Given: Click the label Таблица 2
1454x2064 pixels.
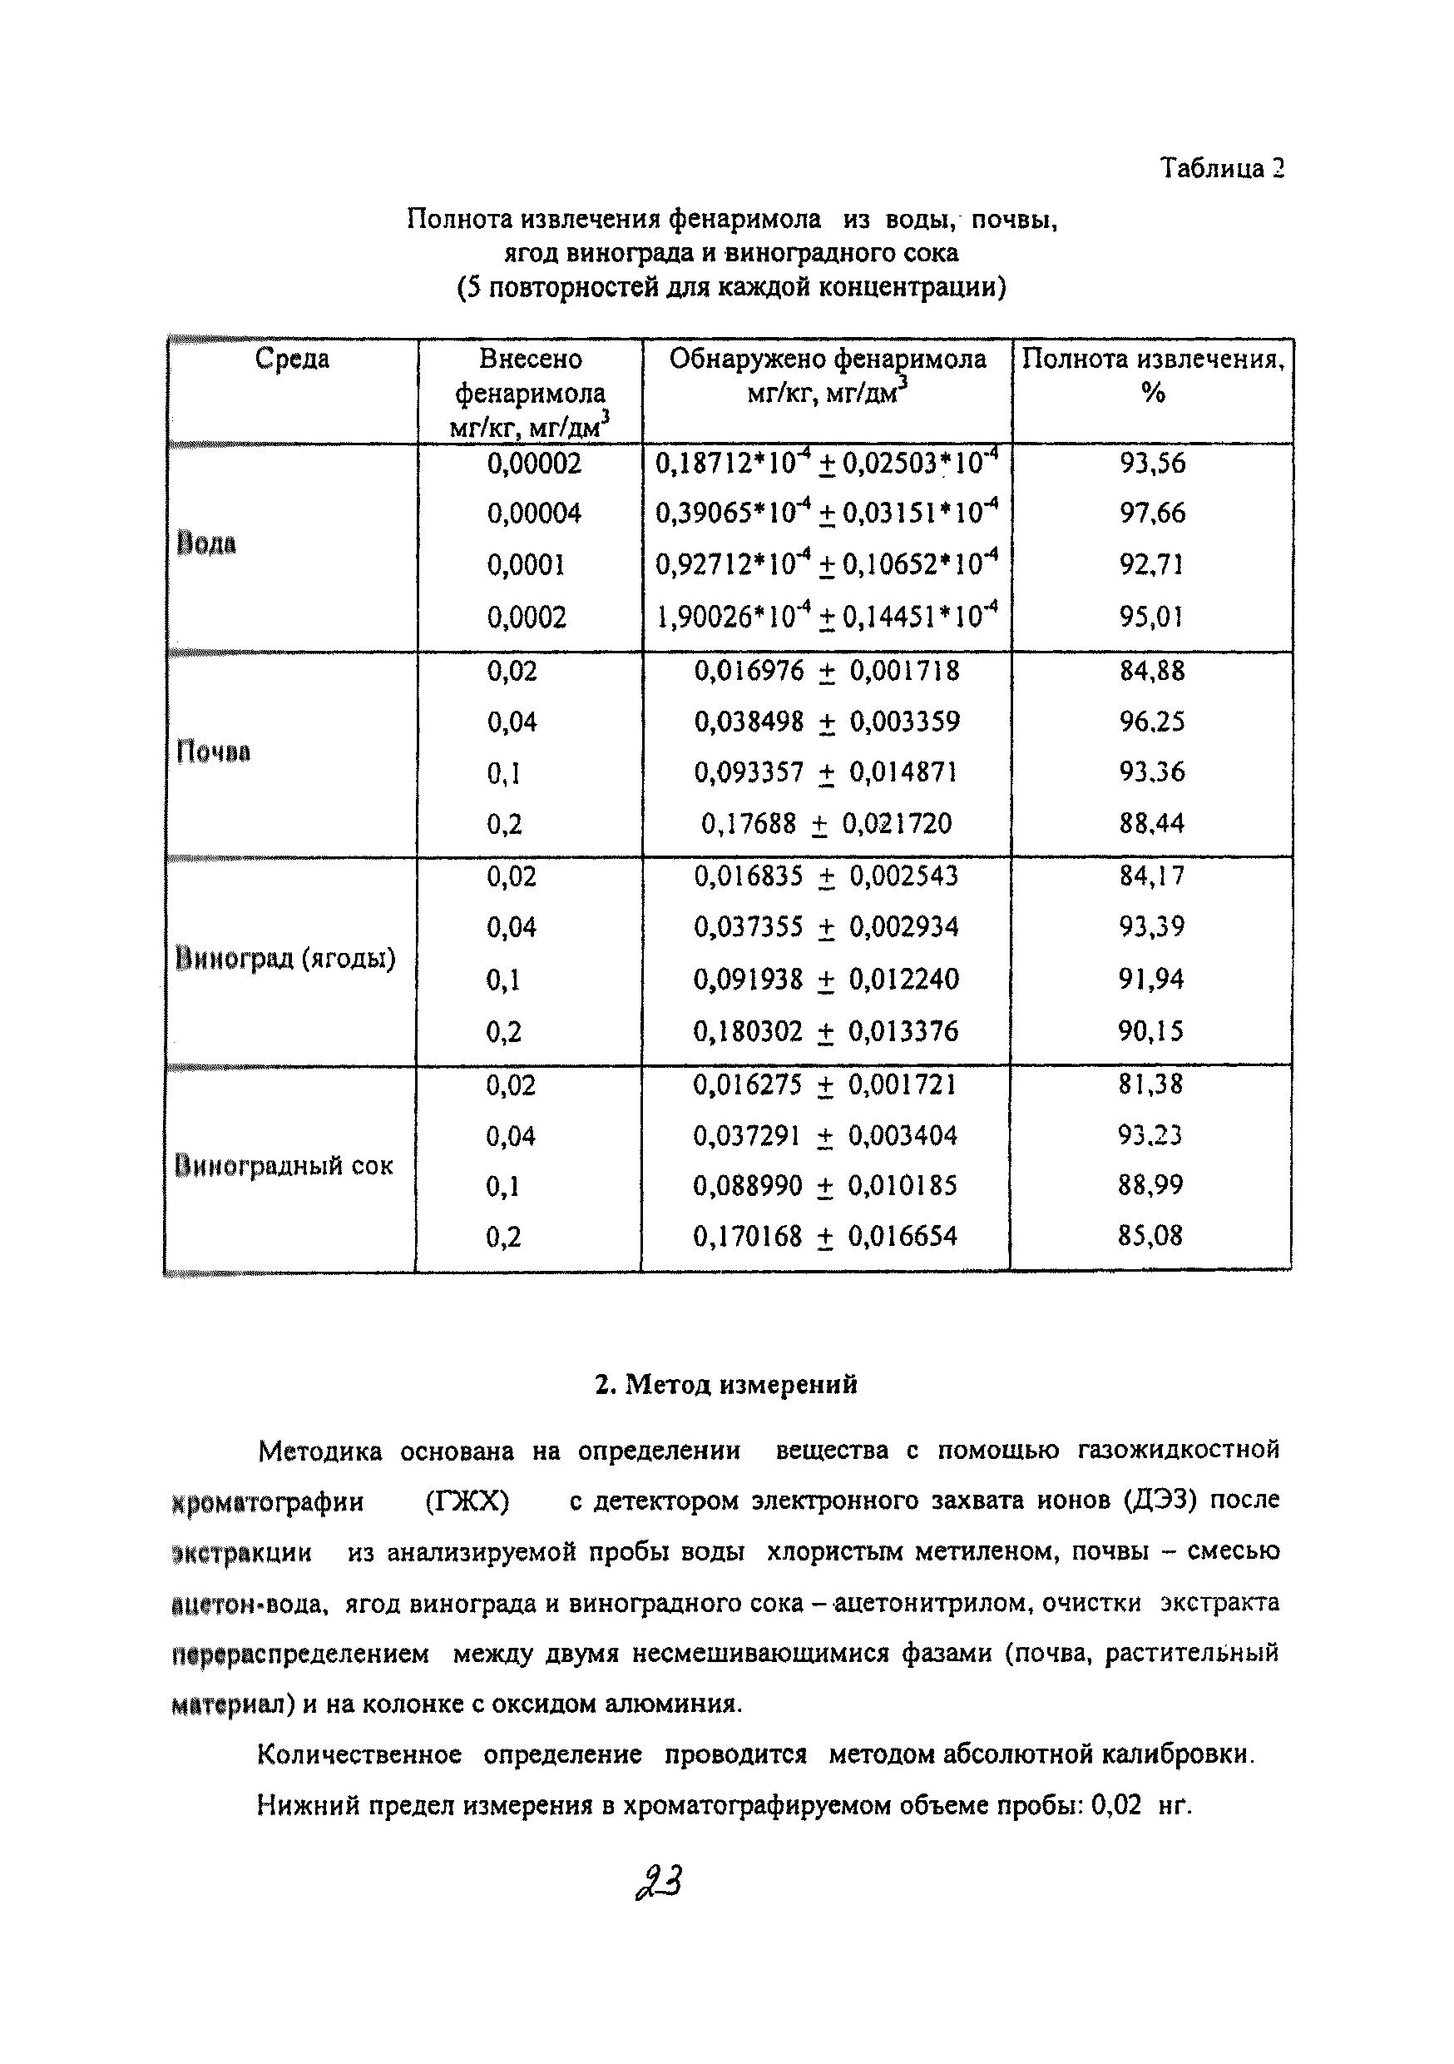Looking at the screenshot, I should (x=1221, y=168).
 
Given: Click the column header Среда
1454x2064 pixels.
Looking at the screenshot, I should (x=292, y=359).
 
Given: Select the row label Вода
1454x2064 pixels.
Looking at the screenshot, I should (x=206, y=543).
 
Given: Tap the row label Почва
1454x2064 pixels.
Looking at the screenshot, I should (x=213, y=752).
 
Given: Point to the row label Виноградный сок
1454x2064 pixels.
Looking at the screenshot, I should (x=284, y=1166).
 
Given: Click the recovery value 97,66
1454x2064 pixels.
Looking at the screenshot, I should (x=1152, y=514).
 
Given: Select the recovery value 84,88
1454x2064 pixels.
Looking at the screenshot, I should (x=1152, y=671).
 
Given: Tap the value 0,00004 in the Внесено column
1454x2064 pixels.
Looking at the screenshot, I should (x=534, y=514).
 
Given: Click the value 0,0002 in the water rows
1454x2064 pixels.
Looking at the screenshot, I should (x=527, y=618).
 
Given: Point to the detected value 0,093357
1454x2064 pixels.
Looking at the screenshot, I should (x=749, y=772).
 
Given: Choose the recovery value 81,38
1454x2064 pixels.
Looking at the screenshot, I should (x=1150, y=1084).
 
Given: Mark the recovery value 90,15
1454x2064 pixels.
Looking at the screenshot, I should (x=1151, y=1030).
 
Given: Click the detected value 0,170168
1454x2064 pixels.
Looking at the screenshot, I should (x=747, y=1236).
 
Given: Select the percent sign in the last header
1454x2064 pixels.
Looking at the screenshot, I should (x=1153, y=393).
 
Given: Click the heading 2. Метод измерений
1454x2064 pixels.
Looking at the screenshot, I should (x=726, y=1384).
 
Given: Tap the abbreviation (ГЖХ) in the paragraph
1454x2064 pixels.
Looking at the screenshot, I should (x=467, y=1502).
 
